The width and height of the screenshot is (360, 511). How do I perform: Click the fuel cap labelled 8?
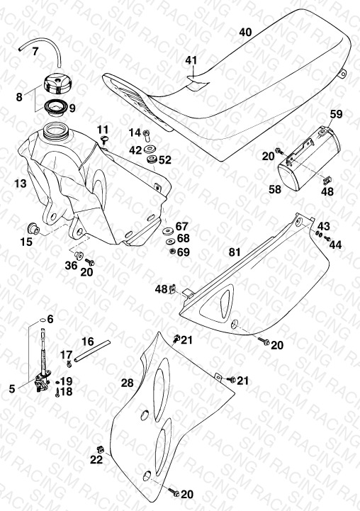click(x=57, y=84)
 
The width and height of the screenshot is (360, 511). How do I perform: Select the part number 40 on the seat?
click(x=245, y=32)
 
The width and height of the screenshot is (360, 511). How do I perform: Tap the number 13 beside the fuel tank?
click(x=21, y=184)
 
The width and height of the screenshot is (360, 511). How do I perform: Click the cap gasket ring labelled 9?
click(x=56, y=108)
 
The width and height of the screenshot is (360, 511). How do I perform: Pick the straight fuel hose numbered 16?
click(x=93, y=351)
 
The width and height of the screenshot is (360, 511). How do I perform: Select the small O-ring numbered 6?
click(x=41, y=320)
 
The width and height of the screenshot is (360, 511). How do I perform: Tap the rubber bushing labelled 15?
click(x=33, y=228)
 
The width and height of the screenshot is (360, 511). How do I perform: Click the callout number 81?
click(x=235, y=252)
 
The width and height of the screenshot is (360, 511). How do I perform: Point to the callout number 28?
click(x=127, y=383)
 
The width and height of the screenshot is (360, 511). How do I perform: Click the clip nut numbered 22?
click(x=101, y=449)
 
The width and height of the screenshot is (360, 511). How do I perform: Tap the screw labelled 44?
click(x=327, y=239)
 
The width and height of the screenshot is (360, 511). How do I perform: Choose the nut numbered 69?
click(x=173, y=251)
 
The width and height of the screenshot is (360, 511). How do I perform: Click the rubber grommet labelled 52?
click(x=152, y=159)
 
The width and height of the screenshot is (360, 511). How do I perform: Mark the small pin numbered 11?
click(x=105, y=140)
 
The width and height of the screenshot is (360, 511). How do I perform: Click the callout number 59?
click(x=336, y=114)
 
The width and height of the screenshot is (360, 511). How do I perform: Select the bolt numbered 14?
click(x=147, y=135)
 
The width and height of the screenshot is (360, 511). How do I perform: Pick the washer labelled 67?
click(x=168, y=231)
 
